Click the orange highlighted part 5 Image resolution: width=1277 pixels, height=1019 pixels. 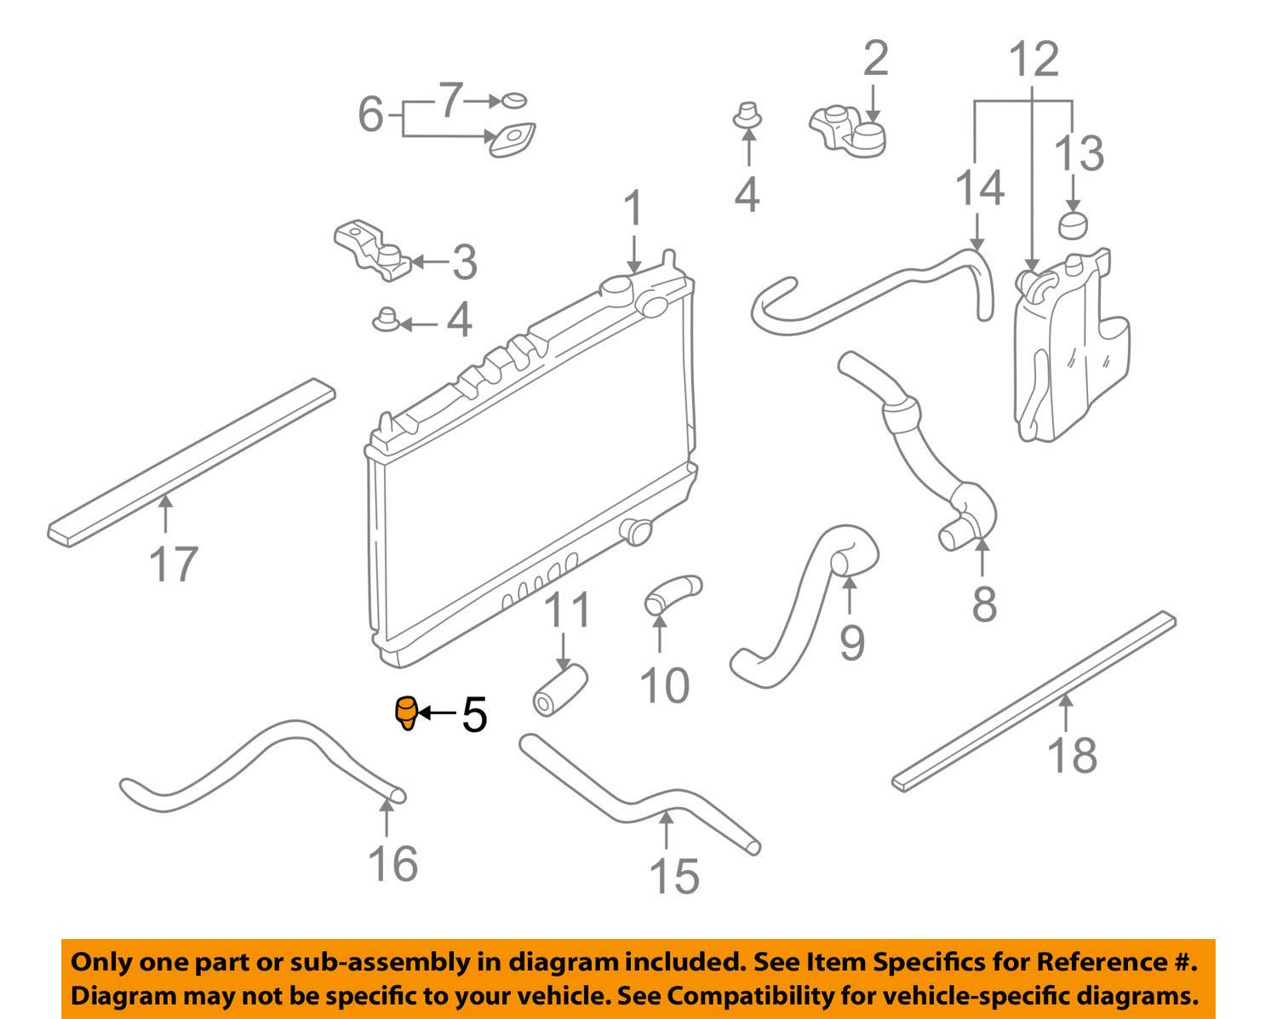coord(407,714)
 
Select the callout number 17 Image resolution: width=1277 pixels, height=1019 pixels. coord(174,564)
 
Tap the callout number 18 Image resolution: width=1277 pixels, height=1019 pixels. coord(1073,755)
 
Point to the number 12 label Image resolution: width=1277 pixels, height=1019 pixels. coord(1034,59)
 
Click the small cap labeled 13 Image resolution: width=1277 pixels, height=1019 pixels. coord(1073,225)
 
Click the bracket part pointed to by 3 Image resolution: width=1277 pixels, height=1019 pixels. coord(373,251)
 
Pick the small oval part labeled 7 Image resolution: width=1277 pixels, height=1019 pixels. coord(514,100)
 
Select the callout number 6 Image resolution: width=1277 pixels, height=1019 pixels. coord(371,114)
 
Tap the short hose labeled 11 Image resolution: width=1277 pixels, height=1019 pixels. coord(559,690)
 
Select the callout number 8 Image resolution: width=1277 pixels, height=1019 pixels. coord(984,604)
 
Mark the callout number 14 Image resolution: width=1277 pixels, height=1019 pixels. coord(979,187)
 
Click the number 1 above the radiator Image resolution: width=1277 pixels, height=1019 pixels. coord(633,208)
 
